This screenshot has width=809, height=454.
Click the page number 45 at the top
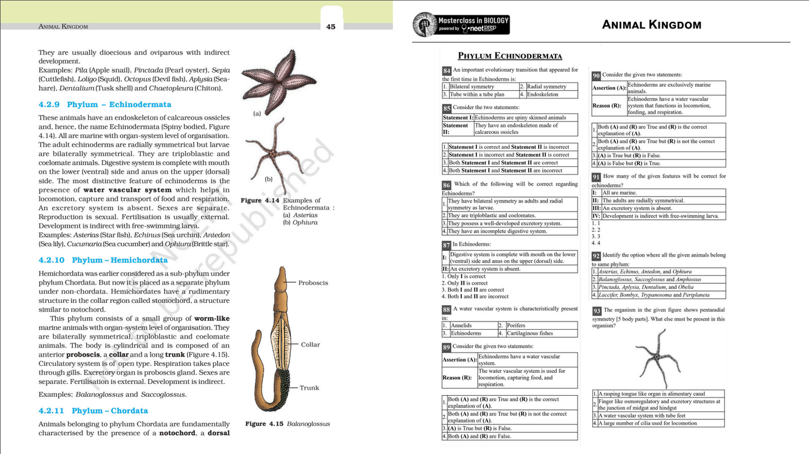[x=331, y=26]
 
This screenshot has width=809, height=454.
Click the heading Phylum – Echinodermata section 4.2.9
[x=105, y=105]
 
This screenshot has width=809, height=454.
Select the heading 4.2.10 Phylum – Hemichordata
[x=103, y=260]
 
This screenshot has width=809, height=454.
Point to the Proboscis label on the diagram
[x=314, y=283]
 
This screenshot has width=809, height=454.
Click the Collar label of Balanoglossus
[x=310, y=344]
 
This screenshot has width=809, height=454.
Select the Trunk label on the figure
[x=309, y=387]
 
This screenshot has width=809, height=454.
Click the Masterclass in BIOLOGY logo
[x=461, y=25]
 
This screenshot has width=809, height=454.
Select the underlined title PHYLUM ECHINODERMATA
[x=509, y=56]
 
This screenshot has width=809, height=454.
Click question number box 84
[x=447, y=71]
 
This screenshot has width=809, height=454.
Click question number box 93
[x=597, y=311]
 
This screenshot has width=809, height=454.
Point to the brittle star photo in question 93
[x=657, y=358]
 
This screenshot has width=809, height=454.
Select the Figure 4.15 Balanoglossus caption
[x=287, y=424]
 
